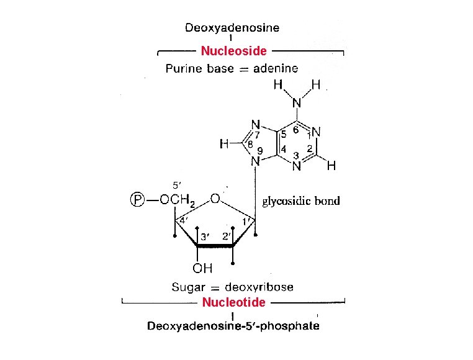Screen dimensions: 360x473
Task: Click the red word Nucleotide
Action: click(234, 302)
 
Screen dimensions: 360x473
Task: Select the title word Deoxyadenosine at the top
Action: click(232, 27)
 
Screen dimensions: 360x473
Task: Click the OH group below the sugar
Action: click(202, 269)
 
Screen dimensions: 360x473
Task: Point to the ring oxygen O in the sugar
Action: click(215, 200)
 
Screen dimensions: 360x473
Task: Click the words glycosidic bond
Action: click(302, 201)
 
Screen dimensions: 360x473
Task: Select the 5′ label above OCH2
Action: click(176, 184)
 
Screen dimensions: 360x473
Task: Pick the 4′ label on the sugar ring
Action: click(184, 220)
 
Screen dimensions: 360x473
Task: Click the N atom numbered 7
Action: click(255, 125)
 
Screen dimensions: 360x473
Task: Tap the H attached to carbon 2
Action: click(331, 166)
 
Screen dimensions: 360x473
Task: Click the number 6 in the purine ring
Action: click(296, 130)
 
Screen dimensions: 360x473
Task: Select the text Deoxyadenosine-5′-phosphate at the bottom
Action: click(233, 326)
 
